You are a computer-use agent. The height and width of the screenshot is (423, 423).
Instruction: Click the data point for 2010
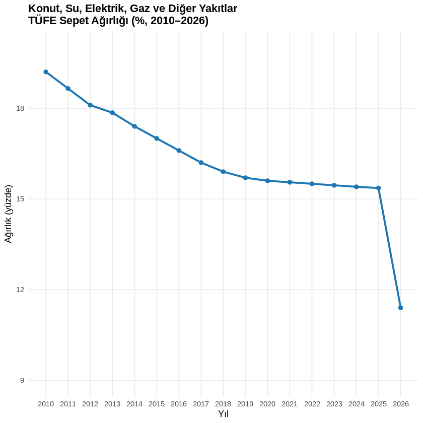coord(46,72)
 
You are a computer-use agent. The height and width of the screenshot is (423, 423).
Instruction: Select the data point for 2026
coord(400,308)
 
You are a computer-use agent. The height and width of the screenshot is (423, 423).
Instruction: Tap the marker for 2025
coord(378,188)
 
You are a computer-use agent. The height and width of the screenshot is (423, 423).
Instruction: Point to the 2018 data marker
coord(223,172)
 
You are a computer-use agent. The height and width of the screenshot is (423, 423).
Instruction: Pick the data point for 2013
coord(112,113)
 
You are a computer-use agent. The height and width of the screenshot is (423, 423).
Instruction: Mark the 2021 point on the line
coord(290,182)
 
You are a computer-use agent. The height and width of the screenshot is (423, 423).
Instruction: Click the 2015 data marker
coord(157,138)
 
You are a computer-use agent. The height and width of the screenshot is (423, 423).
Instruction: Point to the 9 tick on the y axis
coord(22,380)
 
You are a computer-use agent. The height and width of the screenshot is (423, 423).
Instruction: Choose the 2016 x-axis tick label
coord(179,404)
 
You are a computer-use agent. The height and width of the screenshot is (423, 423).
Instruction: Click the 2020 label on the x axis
coord(267,404)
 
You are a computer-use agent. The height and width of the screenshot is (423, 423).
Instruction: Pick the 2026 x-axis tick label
coord(400,404)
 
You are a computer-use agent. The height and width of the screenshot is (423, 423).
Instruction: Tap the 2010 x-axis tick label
coord(46,404)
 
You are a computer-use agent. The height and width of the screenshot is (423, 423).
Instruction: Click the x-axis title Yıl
coord(223,414)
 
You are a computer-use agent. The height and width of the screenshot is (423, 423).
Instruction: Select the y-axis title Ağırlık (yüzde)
coord(8,214)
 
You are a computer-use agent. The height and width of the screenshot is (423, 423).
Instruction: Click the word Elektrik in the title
coord(106,9)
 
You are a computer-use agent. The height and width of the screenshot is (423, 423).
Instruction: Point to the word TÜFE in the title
coord(42,21)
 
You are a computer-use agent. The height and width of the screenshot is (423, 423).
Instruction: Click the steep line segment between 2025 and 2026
coord(389,248)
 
